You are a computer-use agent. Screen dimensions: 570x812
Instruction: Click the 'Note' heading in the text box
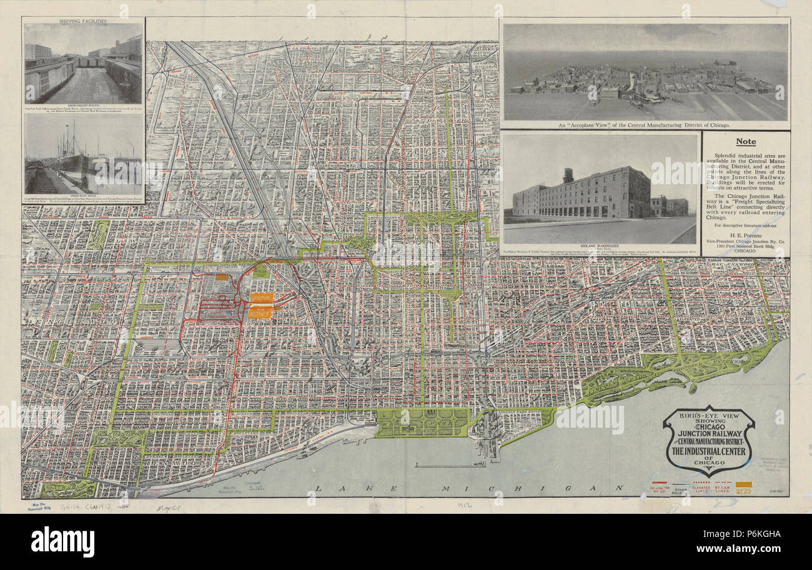click(745, 142)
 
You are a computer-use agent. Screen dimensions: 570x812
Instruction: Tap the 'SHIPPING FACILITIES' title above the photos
click(82, 21)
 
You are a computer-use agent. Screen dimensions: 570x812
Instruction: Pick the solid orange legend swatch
click(743, 484)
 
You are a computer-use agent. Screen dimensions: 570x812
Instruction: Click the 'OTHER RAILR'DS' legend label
click(681, 490)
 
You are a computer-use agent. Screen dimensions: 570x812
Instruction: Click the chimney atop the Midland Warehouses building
click(567, 175)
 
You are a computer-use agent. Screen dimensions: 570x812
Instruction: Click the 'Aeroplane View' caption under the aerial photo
click(645, 125)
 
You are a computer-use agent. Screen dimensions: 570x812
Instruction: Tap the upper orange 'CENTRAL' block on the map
click(261, 298)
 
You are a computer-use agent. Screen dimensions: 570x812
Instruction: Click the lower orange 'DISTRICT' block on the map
click(260, 312)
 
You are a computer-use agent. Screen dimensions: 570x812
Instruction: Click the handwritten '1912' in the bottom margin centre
click(464, 506)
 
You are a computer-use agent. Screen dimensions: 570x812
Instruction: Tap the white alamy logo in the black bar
click(62, 541)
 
